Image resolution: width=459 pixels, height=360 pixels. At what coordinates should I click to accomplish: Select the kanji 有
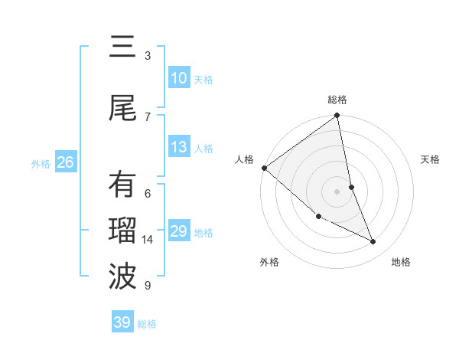[122, 186]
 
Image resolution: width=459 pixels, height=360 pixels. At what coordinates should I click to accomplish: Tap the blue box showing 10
[178, 78]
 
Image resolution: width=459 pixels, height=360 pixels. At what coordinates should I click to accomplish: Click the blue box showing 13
[178, 147]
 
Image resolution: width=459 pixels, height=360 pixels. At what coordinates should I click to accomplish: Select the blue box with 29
[178, 231]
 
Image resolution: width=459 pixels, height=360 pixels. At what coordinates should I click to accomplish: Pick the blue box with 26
[65, 162]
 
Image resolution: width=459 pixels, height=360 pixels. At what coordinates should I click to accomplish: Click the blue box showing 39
[122, 322]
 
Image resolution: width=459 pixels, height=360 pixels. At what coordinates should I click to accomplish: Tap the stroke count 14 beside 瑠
[148, 240]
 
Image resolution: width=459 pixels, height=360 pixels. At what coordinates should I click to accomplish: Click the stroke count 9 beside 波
[148, 286]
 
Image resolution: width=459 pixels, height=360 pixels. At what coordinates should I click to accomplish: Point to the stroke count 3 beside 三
[148, 55]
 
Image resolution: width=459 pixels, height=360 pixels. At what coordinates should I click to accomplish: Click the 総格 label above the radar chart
[337, 100]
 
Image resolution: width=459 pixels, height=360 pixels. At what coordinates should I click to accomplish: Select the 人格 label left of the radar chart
[245, 159]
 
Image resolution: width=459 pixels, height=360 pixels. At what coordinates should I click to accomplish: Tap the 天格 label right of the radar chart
[430, 159]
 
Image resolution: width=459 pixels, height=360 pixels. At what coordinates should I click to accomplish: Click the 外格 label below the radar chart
[269, 262]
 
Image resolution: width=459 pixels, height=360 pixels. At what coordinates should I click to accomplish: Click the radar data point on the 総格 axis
[337, 116]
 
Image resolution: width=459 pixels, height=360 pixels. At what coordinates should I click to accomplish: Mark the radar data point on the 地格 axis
[373, 241]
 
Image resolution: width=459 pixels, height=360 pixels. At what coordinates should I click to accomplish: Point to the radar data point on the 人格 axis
[264, 168]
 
